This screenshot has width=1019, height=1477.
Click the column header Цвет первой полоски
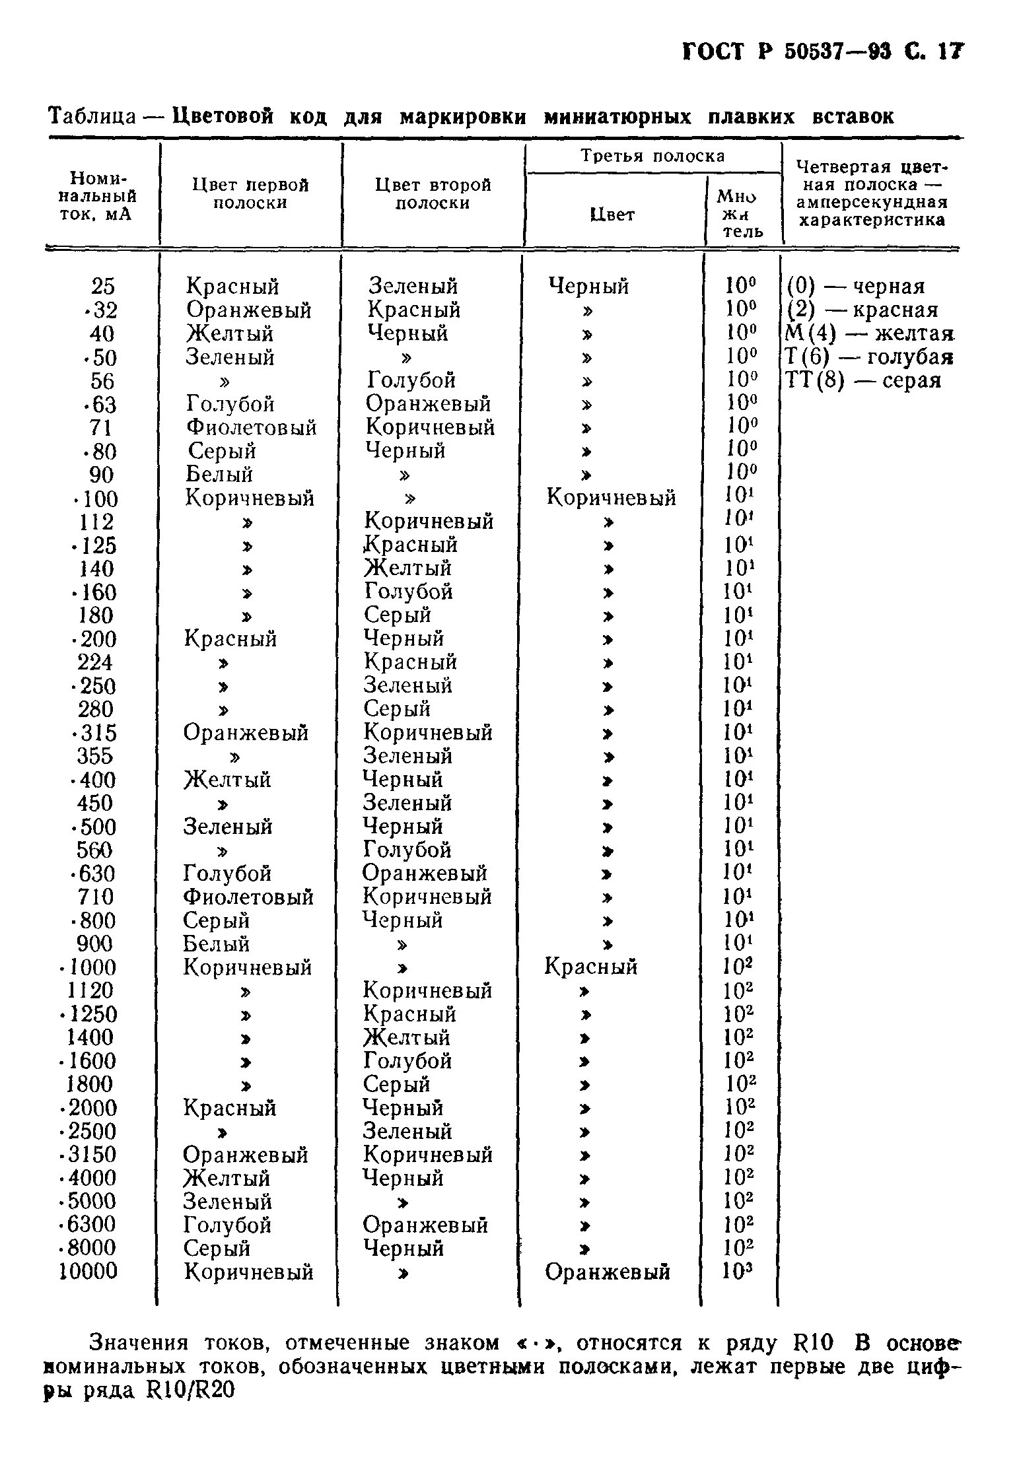[x=250, y=193]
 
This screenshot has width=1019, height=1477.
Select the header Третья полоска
[x=652, y=156]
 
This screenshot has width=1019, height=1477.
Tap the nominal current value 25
[x=102, y=287]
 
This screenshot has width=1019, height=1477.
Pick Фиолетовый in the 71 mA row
[x=251, y=428]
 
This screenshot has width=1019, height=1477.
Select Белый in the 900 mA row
[x=216, y=944]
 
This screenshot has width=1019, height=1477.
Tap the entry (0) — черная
[x=856, y=287]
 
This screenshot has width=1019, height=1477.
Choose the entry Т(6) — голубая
[x=868, y=358]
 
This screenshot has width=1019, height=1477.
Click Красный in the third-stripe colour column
[x=590, y=967]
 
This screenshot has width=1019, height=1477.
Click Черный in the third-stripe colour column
[x=589, y=287]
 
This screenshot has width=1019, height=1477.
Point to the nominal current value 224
[x=95, y=663]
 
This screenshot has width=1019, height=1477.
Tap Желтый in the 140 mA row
[x=407, y=568]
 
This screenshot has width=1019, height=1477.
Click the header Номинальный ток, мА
[x=98, y=196]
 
